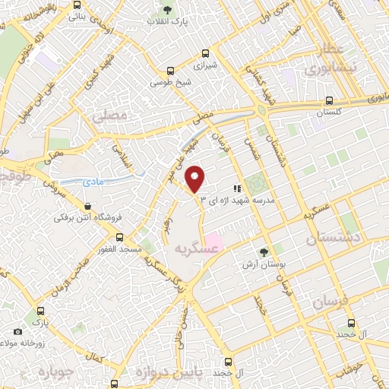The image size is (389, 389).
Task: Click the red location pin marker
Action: click(195, 178)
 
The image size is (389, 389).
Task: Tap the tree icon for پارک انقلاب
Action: click(168, 10)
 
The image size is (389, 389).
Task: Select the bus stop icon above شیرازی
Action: click(205, 54)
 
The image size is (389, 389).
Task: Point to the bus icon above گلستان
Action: click(329, 100)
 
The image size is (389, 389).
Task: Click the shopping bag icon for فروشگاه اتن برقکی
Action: click(88, 206)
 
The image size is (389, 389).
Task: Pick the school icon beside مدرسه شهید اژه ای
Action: click(237, 188)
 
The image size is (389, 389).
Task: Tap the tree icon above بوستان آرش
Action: click(264, 251)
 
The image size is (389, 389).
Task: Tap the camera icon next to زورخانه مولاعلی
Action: click(17, 332)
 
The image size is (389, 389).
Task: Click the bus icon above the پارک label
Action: click(40, 311)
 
